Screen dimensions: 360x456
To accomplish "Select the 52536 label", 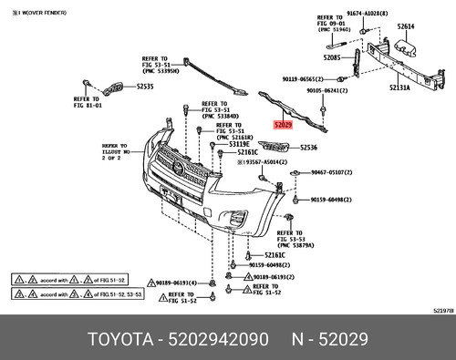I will (308, 147).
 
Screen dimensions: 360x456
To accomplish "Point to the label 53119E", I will (239, 144).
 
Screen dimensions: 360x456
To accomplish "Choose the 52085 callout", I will (332, 57).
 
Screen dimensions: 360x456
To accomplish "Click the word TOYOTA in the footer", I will (122, 339).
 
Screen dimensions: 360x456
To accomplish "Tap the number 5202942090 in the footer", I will (217, 339).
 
